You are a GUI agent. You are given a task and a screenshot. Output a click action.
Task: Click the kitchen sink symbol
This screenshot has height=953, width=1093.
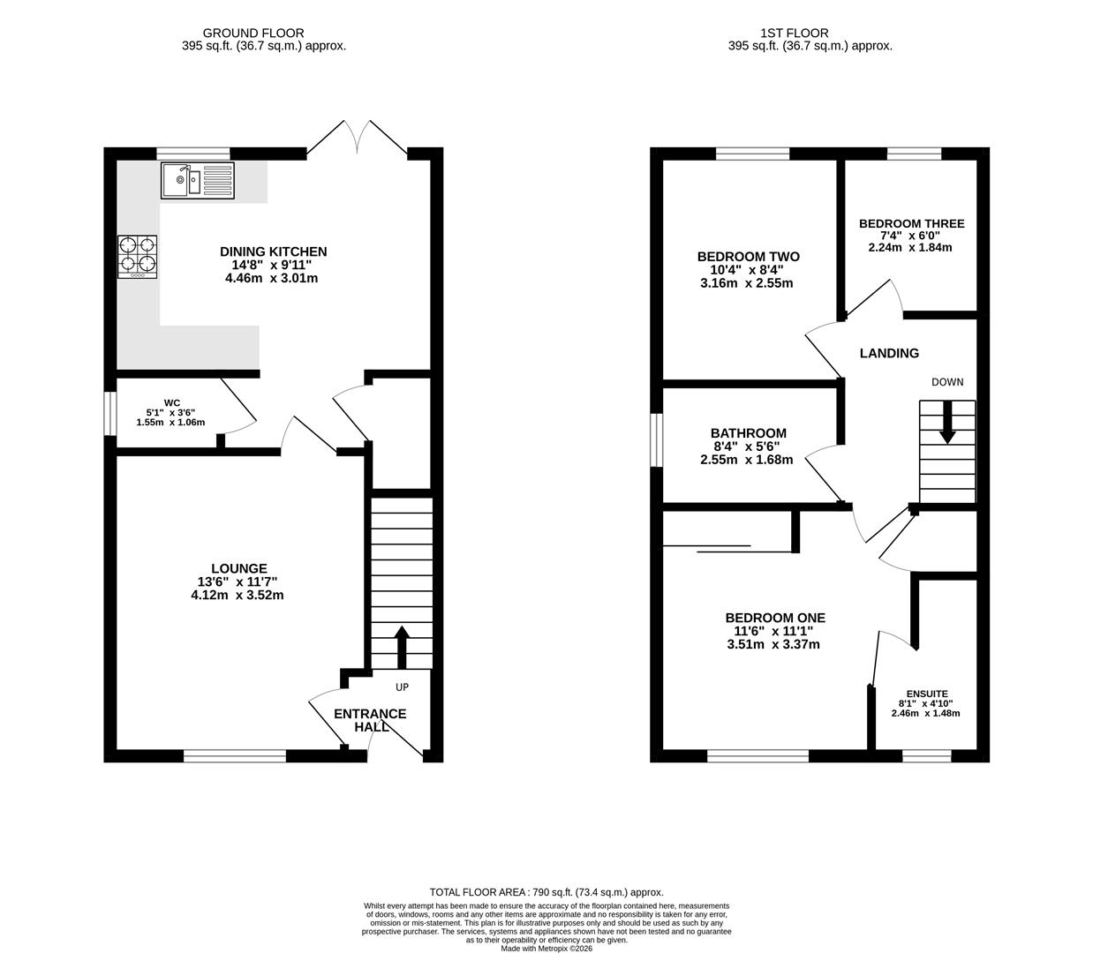click(x=197, y=181)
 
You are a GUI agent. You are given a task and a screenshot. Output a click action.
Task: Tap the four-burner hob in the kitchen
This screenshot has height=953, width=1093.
click(x=138, y=257)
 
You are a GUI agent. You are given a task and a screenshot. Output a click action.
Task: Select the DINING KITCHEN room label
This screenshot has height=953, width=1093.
click(x=273, y=251)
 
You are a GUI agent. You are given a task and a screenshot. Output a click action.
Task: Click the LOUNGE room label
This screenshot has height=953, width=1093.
click(x=238, y=568)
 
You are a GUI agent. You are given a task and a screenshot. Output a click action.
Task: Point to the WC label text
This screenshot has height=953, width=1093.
click(x=172, y=403)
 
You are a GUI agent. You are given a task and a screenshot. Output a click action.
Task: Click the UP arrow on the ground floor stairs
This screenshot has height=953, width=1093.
click(x=402, y=647)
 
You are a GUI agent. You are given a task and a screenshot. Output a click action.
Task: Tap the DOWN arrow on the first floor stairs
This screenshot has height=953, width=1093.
click(x=947, y=423)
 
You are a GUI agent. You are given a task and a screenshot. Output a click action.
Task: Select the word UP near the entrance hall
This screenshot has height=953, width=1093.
click(x=403, y=687)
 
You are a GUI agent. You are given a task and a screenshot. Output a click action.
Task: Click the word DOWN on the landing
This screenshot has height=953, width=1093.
click(x=947, y=382)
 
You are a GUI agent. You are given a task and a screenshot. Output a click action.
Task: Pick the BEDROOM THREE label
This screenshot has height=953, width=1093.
click(x=911, y=224)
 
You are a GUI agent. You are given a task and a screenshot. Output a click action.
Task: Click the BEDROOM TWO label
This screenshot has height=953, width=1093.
click(x=748, y=257)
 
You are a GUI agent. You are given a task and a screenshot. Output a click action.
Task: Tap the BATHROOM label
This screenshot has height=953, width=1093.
click(x=748, y=433)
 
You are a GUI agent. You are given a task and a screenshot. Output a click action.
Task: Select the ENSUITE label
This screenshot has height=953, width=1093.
click(x=927, y=694)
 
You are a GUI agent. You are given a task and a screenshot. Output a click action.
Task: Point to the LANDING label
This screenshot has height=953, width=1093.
click(x=889, y=353)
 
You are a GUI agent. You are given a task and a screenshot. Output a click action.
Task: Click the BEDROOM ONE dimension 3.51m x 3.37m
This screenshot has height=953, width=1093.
click(x=773, y=644)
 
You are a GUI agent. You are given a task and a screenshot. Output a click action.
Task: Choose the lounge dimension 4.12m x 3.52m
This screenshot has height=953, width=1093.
click(x=237, y=595)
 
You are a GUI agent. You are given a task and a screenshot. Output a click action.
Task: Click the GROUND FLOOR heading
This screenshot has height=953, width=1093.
click(x=253, y=34)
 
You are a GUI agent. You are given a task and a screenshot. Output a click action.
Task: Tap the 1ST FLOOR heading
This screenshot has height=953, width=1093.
click(x=795, y=34)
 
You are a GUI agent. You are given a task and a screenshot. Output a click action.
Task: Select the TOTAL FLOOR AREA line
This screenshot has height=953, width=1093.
click(x=546, y=892)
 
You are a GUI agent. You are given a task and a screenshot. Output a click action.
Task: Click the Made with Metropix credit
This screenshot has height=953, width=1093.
click(x=546, y=949)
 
